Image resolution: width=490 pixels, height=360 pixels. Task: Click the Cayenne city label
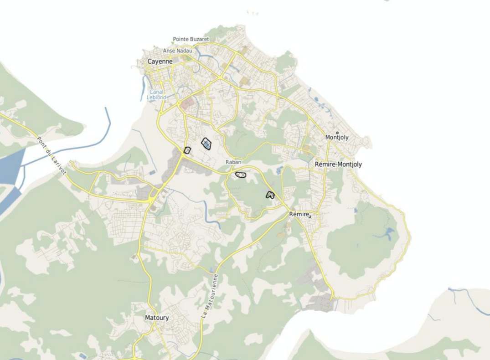160,61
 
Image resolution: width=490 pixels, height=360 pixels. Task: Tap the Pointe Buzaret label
191,40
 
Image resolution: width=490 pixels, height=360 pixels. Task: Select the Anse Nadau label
177,51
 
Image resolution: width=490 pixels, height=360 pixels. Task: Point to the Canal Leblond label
156,94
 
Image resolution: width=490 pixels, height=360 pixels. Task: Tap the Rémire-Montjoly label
338,165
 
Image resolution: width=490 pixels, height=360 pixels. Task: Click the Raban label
233,162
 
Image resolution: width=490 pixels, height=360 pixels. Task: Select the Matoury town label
157,318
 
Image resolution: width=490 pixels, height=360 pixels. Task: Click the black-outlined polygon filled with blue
206,144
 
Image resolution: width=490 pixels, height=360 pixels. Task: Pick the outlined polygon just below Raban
241,175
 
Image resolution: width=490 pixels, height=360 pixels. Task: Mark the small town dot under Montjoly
337,133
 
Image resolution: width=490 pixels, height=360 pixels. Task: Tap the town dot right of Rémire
310,216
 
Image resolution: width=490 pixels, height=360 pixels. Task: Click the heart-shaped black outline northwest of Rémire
270,195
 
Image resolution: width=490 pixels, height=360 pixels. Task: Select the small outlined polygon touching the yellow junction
187,150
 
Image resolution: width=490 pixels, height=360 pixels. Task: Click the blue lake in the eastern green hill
388,234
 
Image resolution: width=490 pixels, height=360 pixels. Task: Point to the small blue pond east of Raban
279,170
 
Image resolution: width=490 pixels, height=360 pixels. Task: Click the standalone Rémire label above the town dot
299,214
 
